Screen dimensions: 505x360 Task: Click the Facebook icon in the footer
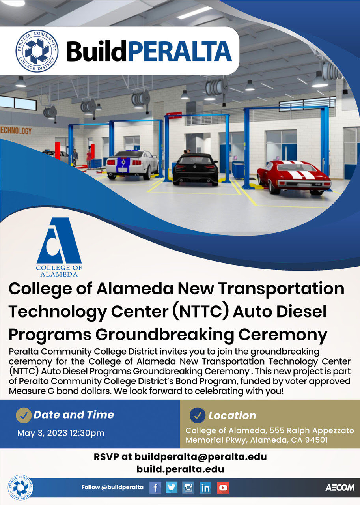click(x=155, y=488)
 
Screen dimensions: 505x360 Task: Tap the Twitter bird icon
click(x=172, y=488)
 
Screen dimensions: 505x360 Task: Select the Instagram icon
click(x=188, y=488)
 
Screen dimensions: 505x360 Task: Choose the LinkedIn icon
click(x=205, y=488)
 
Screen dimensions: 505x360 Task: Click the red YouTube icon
click(x=223, y=488)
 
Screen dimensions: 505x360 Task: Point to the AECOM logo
click(x=339, y=488)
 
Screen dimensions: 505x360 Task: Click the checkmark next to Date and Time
click(x=24, y=415)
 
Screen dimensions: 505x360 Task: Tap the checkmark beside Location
click(x=198, y=415)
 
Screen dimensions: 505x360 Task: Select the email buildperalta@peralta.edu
click(x=200, y=457)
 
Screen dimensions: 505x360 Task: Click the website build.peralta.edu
click(x=180, y=469)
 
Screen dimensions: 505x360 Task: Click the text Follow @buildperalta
click(x=112, y=488)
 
